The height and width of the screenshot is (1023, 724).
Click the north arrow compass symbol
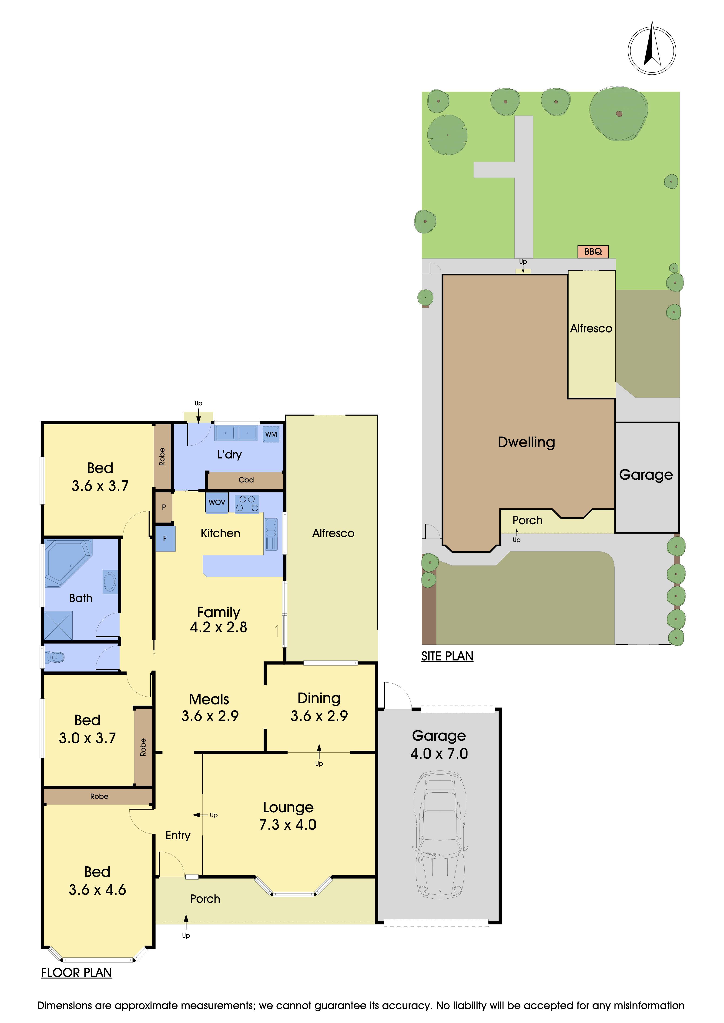[652, 49]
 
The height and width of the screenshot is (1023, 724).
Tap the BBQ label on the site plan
[593, 251]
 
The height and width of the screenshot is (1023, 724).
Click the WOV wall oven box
[217, 502]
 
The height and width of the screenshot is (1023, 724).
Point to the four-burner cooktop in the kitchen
[247, 504]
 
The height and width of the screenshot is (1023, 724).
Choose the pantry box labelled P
[164, 507]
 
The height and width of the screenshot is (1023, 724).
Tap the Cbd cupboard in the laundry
[246, 480]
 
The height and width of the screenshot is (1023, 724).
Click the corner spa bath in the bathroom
[68, 562]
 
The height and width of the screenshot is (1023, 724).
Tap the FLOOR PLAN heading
[76, 973]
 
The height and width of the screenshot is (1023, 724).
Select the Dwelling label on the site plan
[526, 442]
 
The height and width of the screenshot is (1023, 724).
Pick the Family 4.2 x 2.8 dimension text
[218, 620]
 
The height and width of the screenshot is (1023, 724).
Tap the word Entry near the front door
[178, 835]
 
